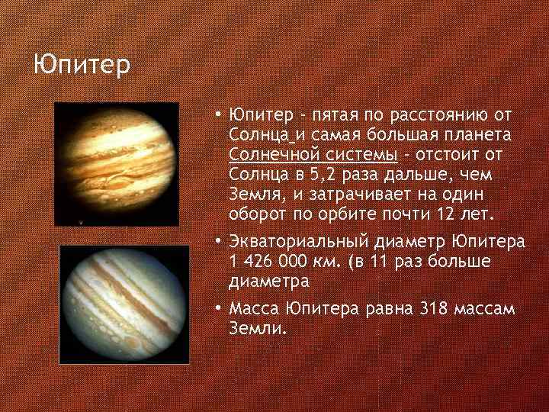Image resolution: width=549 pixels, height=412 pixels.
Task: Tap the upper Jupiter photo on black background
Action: coord(117,164)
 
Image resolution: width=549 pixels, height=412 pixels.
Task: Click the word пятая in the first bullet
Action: coord(331,116)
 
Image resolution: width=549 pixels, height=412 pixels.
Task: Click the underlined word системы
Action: coord(359,154)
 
